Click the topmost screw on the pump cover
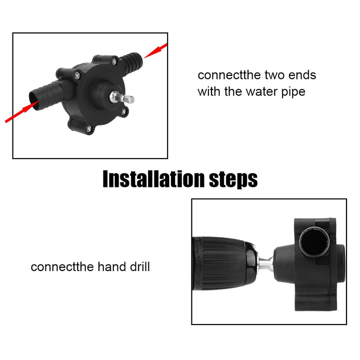point(114,61)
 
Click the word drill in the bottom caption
point(137,266)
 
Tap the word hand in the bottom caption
point(108,266)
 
